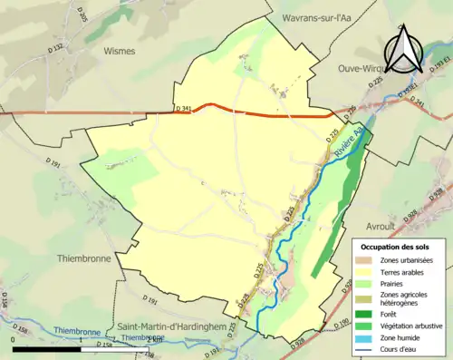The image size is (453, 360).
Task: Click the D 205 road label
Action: (x=81, y=15)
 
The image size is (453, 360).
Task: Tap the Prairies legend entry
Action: (x=395, y=283)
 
